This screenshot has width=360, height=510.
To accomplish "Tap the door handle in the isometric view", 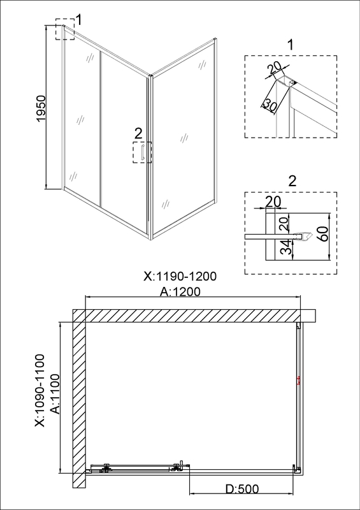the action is [143, 153].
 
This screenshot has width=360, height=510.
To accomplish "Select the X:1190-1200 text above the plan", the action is [180, 277].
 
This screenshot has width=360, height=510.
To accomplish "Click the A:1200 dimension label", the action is [180, 292].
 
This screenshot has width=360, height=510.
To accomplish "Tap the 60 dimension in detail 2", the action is [322, 233].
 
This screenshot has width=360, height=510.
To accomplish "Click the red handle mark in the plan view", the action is [298, 380].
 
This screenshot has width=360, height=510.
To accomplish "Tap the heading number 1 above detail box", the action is [291, 45].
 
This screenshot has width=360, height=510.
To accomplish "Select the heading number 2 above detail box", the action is [292, 182].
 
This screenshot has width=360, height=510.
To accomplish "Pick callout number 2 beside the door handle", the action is [138, 133].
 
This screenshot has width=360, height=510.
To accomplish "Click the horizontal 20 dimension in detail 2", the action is [273, 202].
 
